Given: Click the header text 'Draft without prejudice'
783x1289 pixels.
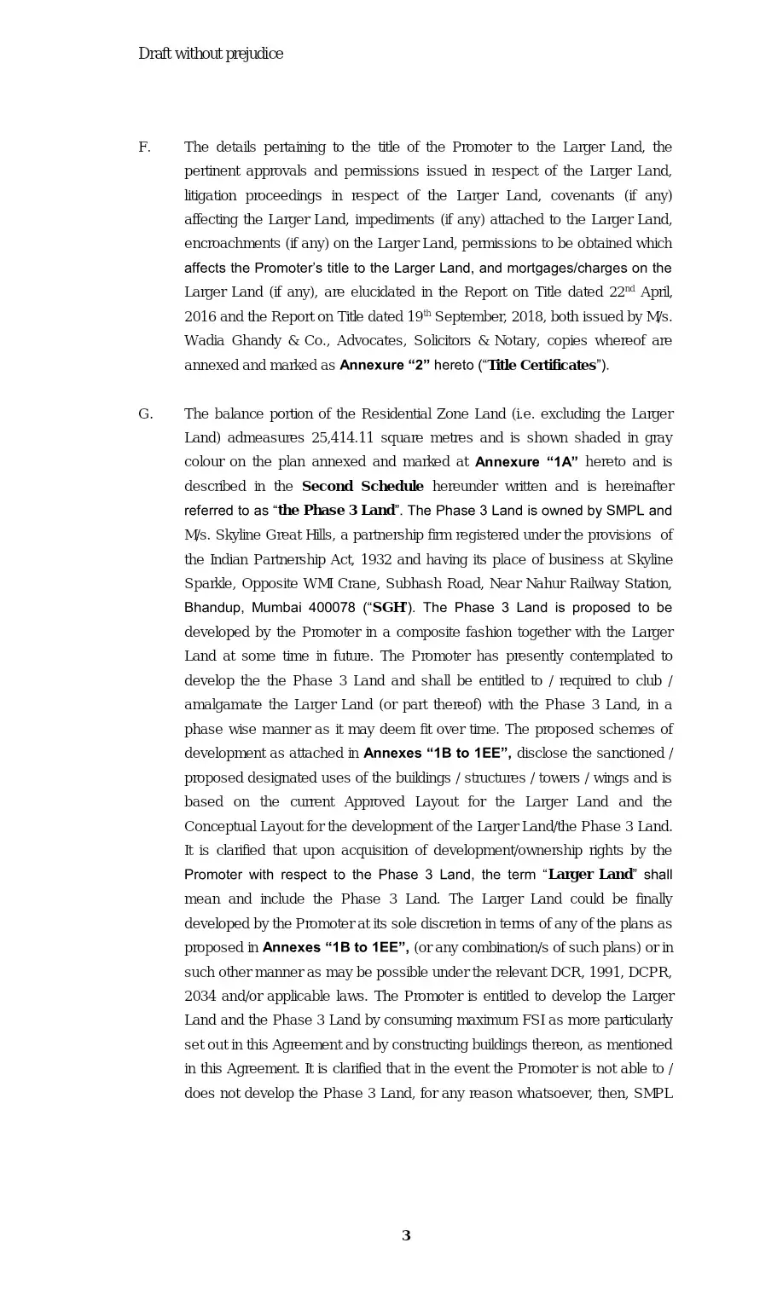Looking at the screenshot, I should [211, 54].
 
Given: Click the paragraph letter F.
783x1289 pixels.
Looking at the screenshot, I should [144, 147].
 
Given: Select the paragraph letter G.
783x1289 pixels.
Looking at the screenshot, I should [145, 414].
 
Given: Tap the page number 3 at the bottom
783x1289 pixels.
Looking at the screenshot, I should [406, 1236].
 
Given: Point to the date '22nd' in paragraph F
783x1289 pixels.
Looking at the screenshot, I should [622, 292].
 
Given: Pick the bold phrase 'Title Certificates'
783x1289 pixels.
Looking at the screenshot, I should [542, 365].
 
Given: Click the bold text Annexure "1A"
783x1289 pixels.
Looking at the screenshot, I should [526, 462].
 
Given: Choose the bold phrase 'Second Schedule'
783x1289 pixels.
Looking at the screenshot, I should [362, 487].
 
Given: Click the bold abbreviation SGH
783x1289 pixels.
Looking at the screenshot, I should [389, 608].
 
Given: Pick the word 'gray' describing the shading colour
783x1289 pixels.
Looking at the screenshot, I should [658, 438].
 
